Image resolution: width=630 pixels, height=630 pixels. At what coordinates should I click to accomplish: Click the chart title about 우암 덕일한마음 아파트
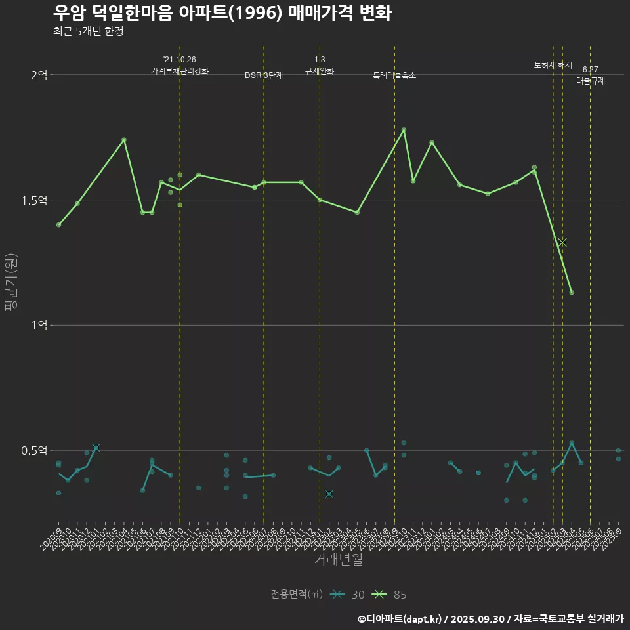[x=222, y=13]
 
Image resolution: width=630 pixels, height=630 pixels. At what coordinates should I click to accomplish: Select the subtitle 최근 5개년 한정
[x=88, y=31]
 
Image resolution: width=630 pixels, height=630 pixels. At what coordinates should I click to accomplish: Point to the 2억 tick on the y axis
[x=39, y=75]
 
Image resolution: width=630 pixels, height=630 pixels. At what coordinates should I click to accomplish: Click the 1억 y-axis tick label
[x=39, y=325]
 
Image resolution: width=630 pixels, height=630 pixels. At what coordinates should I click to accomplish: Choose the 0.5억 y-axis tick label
[x=34, y=450]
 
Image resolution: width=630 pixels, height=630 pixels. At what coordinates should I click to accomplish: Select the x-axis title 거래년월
[x=338, y=560]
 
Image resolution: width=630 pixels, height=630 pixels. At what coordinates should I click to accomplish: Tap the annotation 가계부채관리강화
[x=179, y=71]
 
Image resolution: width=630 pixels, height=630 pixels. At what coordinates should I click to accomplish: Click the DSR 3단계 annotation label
[x=264, y=75]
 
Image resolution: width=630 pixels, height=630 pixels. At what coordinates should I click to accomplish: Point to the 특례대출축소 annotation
[x=394, y=75]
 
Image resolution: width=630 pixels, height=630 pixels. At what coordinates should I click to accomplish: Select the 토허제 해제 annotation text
[x=553, y=66]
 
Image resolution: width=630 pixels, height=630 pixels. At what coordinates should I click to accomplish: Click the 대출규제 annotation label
[x=590, y=81]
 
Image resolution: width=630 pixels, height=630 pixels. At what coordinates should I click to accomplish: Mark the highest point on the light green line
[x=404, y=130]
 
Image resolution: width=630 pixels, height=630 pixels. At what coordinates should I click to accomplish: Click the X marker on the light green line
[x=562, y=242]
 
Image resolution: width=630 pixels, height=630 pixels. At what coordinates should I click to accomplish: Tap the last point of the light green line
[x=572, y=292]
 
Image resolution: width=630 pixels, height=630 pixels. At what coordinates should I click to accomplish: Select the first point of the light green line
[x=58, y=225]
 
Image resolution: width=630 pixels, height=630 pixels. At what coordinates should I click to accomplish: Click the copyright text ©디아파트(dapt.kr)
[x=400, y=619]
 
